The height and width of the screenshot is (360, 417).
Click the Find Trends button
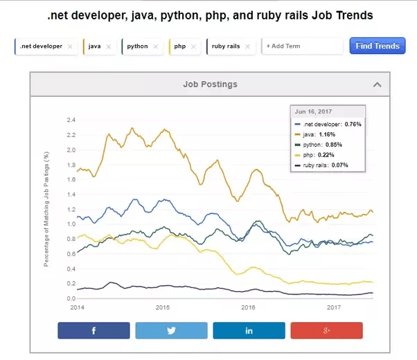tap(377, 46)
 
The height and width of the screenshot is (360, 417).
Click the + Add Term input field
tap(302, 46)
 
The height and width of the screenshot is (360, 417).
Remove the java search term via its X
tap(108, 46)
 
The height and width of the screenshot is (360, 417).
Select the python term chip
tap(138, 46)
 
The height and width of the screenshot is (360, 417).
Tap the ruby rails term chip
tap(225, 46)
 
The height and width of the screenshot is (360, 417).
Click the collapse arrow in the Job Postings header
tap(377, 84)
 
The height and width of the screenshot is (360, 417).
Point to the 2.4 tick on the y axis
tap(70, 120)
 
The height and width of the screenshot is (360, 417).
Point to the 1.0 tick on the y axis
tap(70, 224)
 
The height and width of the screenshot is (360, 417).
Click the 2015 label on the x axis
tap(163, 307)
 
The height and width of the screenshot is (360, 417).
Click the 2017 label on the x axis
tap(335, 307)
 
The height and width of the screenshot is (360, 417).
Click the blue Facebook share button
tap(94, 331)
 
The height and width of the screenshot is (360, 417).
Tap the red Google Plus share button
tap(326, 331)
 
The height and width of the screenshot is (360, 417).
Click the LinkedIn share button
tap(249, 331)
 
